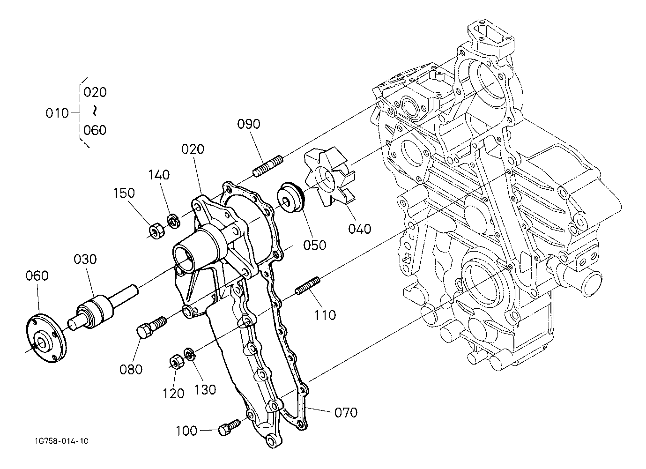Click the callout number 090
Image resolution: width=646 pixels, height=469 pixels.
tap(249, 124)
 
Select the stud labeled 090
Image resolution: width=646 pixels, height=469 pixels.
tap(268, 166)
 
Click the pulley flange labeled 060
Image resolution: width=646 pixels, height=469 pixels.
tap(46, 338)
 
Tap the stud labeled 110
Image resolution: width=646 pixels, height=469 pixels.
tap(308, 286)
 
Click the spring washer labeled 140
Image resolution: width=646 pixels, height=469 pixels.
tap(174, 221)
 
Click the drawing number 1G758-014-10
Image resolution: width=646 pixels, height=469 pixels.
tap(62, 441)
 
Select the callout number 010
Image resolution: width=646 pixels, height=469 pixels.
tap(57, 113)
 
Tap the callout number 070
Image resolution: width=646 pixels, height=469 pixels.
tap(346, 413)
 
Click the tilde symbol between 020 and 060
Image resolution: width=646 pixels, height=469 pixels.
tap(95, 111)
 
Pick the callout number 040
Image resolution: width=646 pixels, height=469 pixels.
tap(360, 229)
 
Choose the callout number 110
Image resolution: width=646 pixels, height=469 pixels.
tap(325, 315)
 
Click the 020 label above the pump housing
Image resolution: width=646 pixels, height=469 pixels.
tap(193, 149)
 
